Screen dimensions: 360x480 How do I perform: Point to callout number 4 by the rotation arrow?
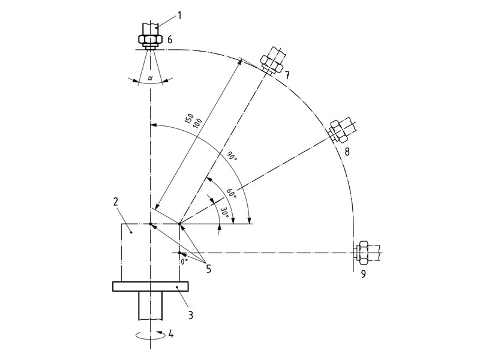[170, 335]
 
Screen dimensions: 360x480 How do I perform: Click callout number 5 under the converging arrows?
[208, 269]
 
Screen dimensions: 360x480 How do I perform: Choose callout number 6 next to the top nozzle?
[170, 40]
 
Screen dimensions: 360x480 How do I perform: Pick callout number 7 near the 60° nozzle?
[287, 75]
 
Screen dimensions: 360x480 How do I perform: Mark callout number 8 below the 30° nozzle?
[346, 152]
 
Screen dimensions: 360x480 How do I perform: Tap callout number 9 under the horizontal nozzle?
[364, 275]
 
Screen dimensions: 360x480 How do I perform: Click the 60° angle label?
[231, 193]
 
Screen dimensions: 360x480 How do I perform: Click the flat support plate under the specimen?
[151, 286]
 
